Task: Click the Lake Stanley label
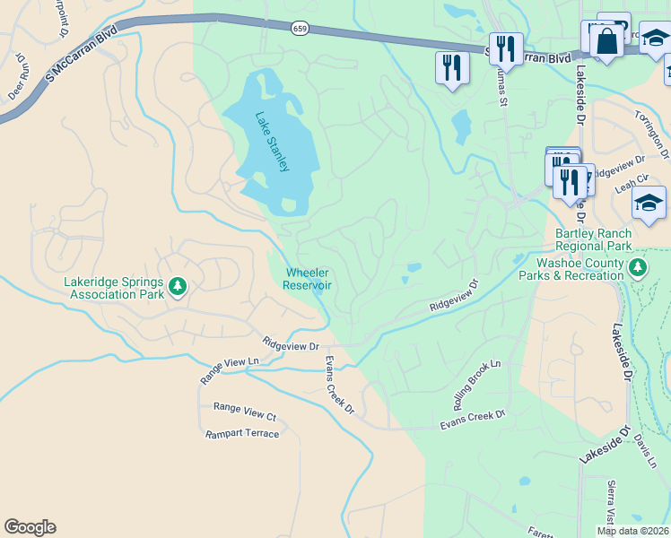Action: coord(272,142)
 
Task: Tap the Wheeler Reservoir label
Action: coord(307,279)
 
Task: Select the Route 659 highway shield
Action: coord(300,29)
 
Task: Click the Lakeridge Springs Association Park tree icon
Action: coord(179,286)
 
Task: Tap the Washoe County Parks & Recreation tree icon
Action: coord(638,267)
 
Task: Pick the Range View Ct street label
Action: coord(245,416)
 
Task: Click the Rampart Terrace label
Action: coord(242,434)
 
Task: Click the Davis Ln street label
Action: coord(644,451)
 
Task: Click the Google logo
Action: coord(30,527)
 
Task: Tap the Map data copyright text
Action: coord(632,531)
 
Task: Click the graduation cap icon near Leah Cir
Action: coord(648,204)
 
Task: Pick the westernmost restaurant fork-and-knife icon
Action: coord(451,68)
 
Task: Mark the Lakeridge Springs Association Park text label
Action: coord(114,287)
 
